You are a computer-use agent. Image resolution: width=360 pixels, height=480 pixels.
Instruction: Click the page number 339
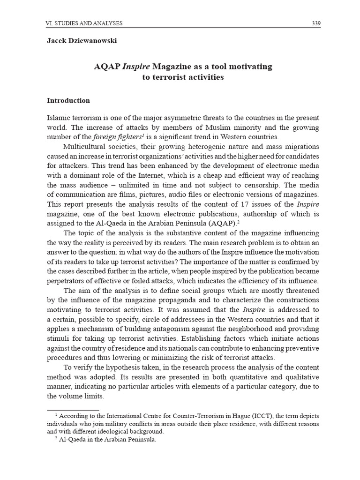point(316,23)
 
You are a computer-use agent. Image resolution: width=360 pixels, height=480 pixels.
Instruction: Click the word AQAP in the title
point(107,67)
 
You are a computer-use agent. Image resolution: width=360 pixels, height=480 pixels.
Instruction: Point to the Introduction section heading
point(68,100)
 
